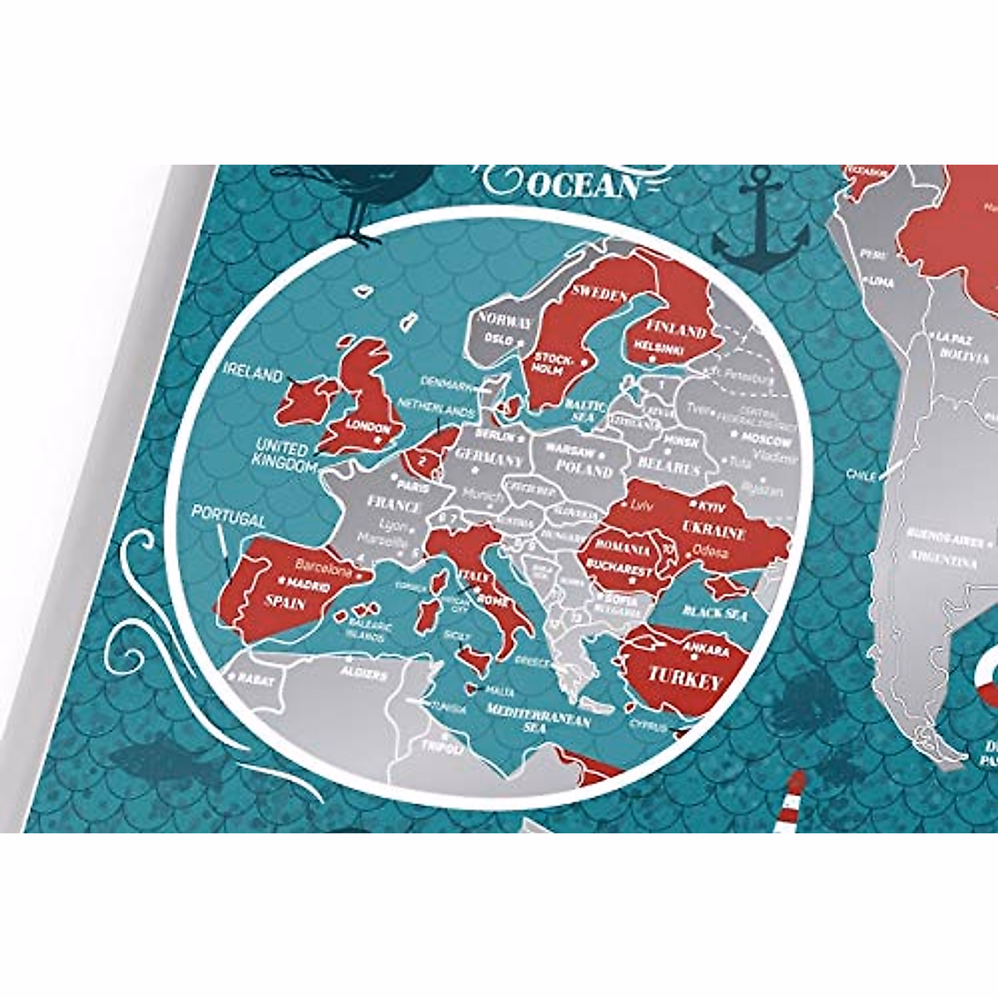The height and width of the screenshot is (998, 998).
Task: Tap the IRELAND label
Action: [253, 374]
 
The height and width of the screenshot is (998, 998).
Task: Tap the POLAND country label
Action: [584, 469]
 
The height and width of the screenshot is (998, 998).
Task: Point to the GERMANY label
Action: [490, 458]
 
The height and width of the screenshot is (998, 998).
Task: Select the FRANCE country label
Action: [394, 505]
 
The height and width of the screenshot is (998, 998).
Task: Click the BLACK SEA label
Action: [714, 613]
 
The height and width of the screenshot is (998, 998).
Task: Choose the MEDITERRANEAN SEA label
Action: [538, 717]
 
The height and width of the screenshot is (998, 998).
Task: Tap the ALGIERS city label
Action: [363, 673]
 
